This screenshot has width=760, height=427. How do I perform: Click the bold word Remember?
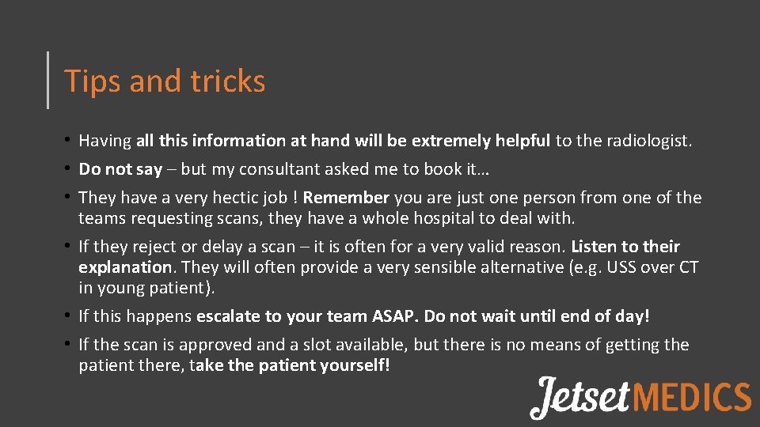coord(346,198)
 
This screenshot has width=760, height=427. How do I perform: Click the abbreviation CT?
coord(688,267)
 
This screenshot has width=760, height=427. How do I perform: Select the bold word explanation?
coord(125,267)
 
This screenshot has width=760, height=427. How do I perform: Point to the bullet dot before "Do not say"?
coord(71,169)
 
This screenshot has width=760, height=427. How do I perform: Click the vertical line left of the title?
coord(48,80)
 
